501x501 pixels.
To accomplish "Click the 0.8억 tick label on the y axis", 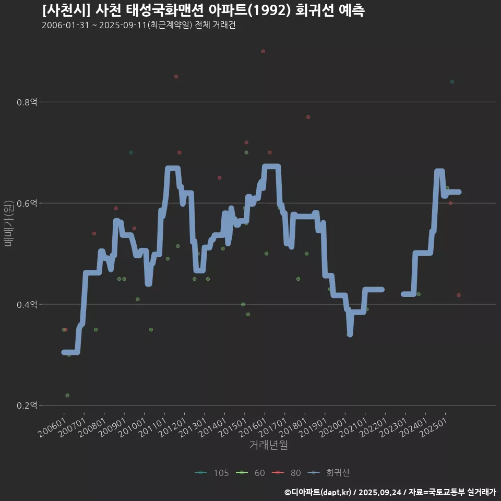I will pos(27,102).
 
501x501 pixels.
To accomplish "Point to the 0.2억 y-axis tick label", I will pos(27,405).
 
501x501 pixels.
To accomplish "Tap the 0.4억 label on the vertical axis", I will pos(27,304).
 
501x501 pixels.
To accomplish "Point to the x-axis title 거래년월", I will pos(268,445).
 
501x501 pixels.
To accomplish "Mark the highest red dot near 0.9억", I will pos(263,51).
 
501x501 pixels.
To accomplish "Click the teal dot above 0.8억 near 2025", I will pos(452,81).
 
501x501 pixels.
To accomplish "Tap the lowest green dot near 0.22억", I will pos(67,395).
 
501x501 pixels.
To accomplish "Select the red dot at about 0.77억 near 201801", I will pos(308,117).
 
